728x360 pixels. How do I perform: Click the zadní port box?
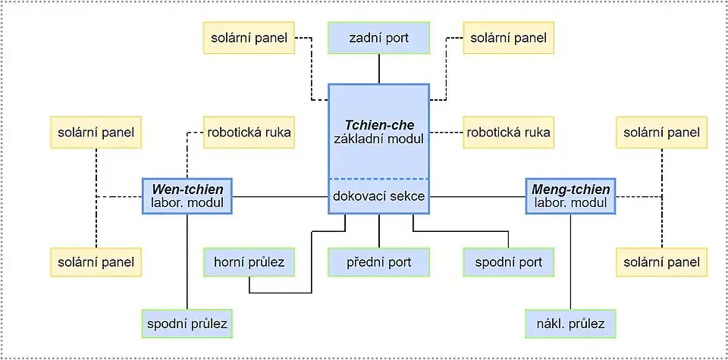[x=378, y=38]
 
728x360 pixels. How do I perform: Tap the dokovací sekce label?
[x=378, y=196]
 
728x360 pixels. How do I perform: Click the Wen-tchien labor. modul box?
[x=187, y=196]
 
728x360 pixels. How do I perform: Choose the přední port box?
[x=378, y=262]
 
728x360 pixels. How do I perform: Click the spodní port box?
[x=508, y=262]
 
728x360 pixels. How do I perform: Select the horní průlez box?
[x=249, y=262]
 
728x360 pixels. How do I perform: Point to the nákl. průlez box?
[x=570, y=324]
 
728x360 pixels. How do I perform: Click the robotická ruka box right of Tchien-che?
[x=508, y=132]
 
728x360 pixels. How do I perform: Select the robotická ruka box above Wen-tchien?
[x=249, y=132]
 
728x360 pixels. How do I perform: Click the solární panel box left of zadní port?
[x=249, y=38]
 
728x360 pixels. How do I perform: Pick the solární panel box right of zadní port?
[x=508, y=38]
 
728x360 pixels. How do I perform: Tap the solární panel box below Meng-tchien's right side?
[x=661, y=262]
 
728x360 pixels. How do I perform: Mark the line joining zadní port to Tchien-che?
[x=378, y=69]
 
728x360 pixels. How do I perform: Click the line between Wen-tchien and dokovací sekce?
[x=280, y=197]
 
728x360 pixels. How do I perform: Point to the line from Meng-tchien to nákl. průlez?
[x=570, y=261]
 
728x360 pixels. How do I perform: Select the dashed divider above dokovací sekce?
[x=378, y=179]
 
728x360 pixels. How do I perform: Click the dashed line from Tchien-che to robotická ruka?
[x=446, y=133]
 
